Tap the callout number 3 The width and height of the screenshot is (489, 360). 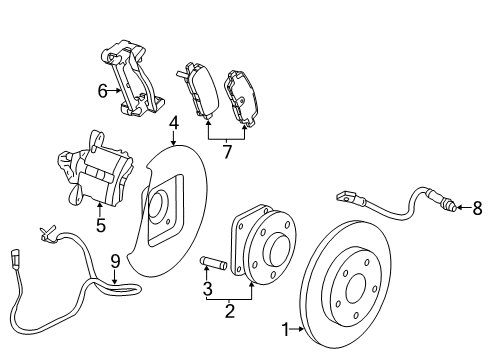[x=208, y=289]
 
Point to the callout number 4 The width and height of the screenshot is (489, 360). [x=173, y=124]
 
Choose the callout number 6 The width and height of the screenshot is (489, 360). [x=102, y=90]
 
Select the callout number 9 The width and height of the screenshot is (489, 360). [x=115, y=262]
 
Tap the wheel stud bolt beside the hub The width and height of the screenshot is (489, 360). [x=214, y=265]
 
